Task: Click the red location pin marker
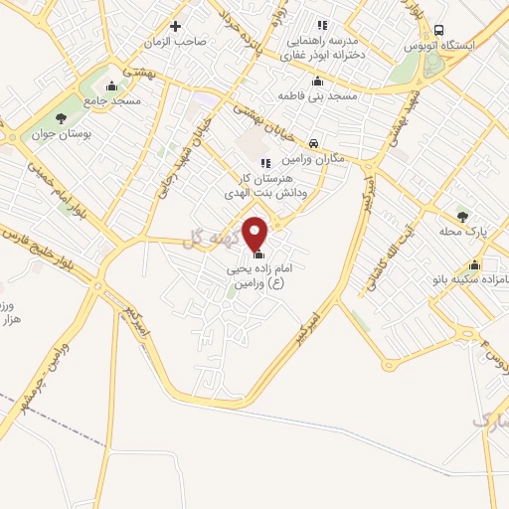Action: click(x=256, y=233)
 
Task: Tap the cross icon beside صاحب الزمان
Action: click(x=176, y=26)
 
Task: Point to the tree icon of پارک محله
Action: click(x=461, y=215)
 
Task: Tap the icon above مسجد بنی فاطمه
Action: click(x=317, y=82)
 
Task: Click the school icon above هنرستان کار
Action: click(x=264, y=163)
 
